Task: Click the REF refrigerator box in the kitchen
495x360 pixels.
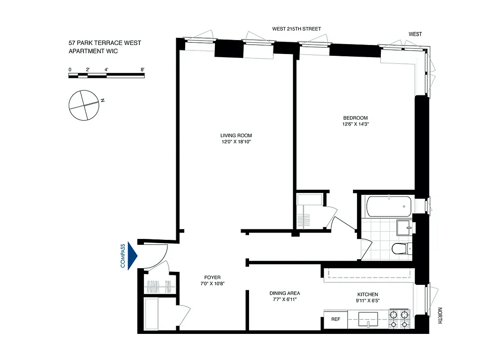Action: click(x=335, y=319)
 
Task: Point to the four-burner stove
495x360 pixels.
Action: click(x=399, y=319)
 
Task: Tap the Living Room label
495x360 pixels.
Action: click(x=236, y=135)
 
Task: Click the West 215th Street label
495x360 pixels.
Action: click(x=297, y=29)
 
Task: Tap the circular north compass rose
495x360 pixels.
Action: click(x=83, y=105)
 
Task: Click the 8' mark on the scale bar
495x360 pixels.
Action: click(x=142, y=70)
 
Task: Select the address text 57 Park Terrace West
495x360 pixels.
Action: click(x=105, y=43)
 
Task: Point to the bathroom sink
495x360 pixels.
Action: click(x=404, y=228)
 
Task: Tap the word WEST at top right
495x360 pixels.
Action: click(x=415, y=34)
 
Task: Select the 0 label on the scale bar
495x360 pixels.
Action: click(x=70, y=70)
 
